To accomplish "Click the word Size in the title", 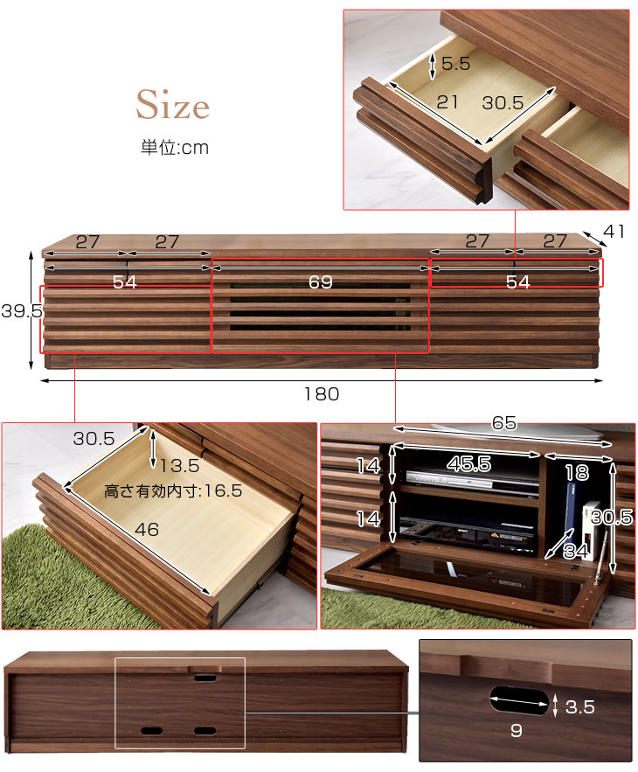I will click(x=172, y=107).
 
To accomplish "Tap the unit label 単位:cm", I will click(x=175, y=148).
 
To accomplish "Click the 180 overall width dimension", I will click(x=322, y=394).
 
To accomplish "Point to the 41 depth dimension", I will click(x=615, y=232).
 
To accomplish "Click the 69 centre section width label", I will click(x=321, y=282).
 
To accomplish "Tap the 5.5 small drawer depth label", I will click(x=455, y=63).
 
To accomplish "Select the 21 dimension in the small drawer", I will click(x=447, y=102).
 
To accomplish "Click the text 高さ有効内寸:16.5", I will click(x=173, y=491).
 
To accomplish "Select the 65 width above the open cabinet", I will click(x=503, y=423).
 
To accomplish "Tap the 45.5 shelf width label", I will click(x=470, y=464).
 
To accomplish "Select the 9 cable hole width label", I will click(x=516, y=731).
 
